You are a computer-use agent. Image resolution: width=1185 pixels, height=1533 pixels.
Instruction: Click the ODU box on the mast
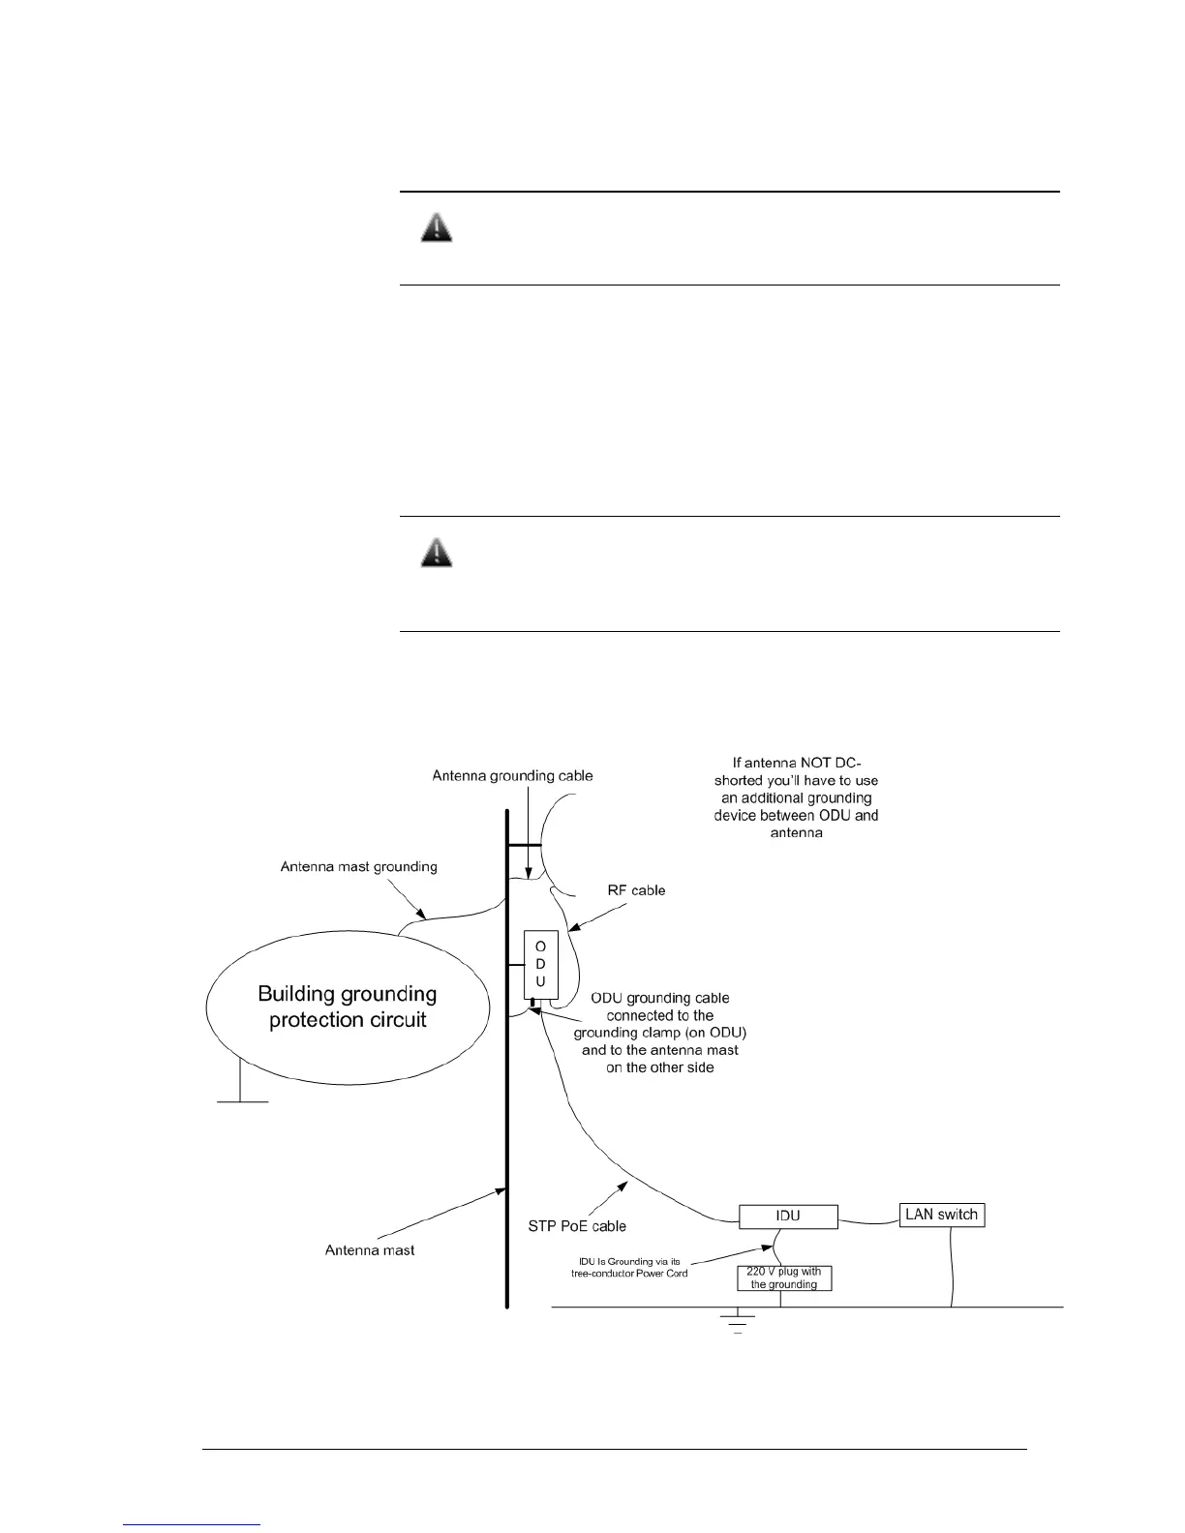(540, 964)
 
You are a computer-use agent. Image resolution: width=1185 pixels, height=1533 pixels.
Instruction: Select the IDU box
(788, 1216)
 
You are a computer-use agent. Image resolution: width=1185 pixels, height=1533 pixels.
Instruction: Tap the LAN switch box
(941, 1215)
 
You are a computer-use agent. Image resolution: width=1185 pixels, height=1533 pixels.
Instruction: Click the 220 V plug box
(783, 1277)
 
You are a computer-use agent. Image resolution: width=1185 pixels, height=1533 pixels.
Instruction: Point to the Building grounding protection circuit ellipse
(347, 1007)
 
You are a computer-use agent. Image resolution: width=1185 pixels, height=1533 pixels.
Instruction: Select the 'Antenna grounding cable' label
(512, 775)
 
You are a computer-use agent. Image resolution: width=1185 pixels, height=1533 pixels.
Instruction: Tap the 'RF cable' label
(635, 889)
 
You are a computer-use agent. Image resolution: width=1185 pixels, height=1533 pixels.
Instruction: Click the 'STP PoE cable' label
(576, 1226)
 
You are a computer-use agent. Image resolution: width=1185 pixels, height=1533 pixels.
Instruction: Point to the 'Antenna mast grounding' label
(358, 866)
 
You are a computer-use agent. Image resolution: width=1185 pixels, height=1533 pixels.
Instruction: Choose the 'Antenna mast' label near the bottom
(370, 1250)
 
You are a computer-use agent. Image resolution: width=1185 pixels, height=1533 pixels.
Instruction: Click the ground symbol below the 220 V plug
(738, 1321)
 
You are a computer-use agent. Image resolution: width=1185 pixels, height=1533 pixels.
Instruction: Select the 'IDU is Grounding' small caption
(629, 1267)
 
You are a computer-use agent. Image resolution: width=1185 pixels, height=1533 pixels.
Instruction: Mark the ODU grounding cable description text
(659, 1032)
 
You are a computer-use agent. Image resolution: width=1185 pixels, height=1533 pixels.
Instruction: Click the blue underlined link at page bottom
(193, 1524)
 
